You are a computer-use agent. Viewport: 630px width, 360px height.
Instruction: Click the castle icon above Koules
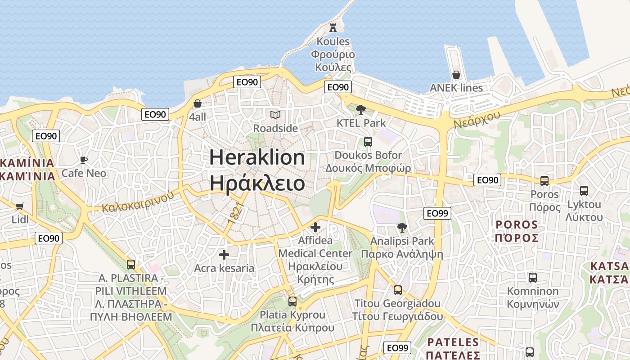pyautogui.click(x=333, y=27)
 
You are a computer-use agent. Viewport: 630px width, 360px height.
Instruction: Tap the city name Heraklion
pyautogui.click(x=257, y=157)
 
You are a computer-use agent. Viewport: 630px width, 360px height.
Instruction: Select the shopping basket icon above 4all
pyautogui.click(x=197, y=103)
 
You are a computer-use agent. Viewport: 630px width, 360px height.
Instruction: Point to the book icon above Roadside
pyautogui.click(x=275, y=115)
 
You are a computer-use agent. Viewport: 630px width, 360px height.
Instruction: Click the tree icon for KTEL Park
pyautogui.click(x=360, y=109)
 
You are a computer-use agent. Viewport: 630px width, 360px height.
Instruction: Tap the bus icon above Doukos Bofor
pyautogui.click(x=368, y=142)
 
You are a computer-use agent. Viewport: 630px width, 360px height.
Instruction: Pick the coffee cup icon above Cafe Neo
pyautogui.click(x=83, y=160)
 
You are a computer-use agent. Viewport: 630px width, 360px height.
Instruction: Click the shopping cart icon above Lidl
pyautogui.click(x=19, y=206)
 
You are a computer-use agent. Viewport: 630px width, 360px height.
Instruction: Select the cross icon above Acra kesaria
pyautogui.click(x=224, y=255)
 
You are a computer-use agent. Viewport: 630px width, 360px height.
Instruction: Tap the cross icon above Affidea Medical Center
pyautogui.click(x=315, y=227)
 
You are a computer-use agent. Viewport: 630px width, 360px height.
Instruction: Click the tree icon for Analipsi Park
pyautogui.click(x=402, y=228)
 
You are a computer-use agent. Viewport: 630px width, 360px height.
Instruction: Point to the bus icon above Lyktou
pyautogui.click(x=584, y=191)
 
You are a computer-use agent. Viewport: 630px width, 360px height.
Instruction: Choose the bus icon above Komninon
pyautogui.click(x=532, y=278)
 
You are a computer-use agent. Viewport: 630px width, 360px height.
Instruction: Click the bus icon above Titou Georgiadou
pyautogui.click(x=397, y=290)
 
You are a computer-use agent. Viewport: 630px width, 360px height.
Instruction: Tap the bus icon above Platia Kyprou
pyautogui.click(x=292, y=301)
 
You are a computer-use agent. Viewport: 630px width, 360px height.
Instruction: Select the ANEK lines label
pyautogui.click(x=456, y=88)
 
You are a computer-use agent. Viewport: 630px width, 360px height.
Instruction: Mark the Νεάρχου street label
pyautogui.click(x=477, y=119)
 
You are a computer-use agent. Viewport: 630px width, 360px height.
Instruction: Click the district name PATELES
pyautogui.click(x=453, y=342)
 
